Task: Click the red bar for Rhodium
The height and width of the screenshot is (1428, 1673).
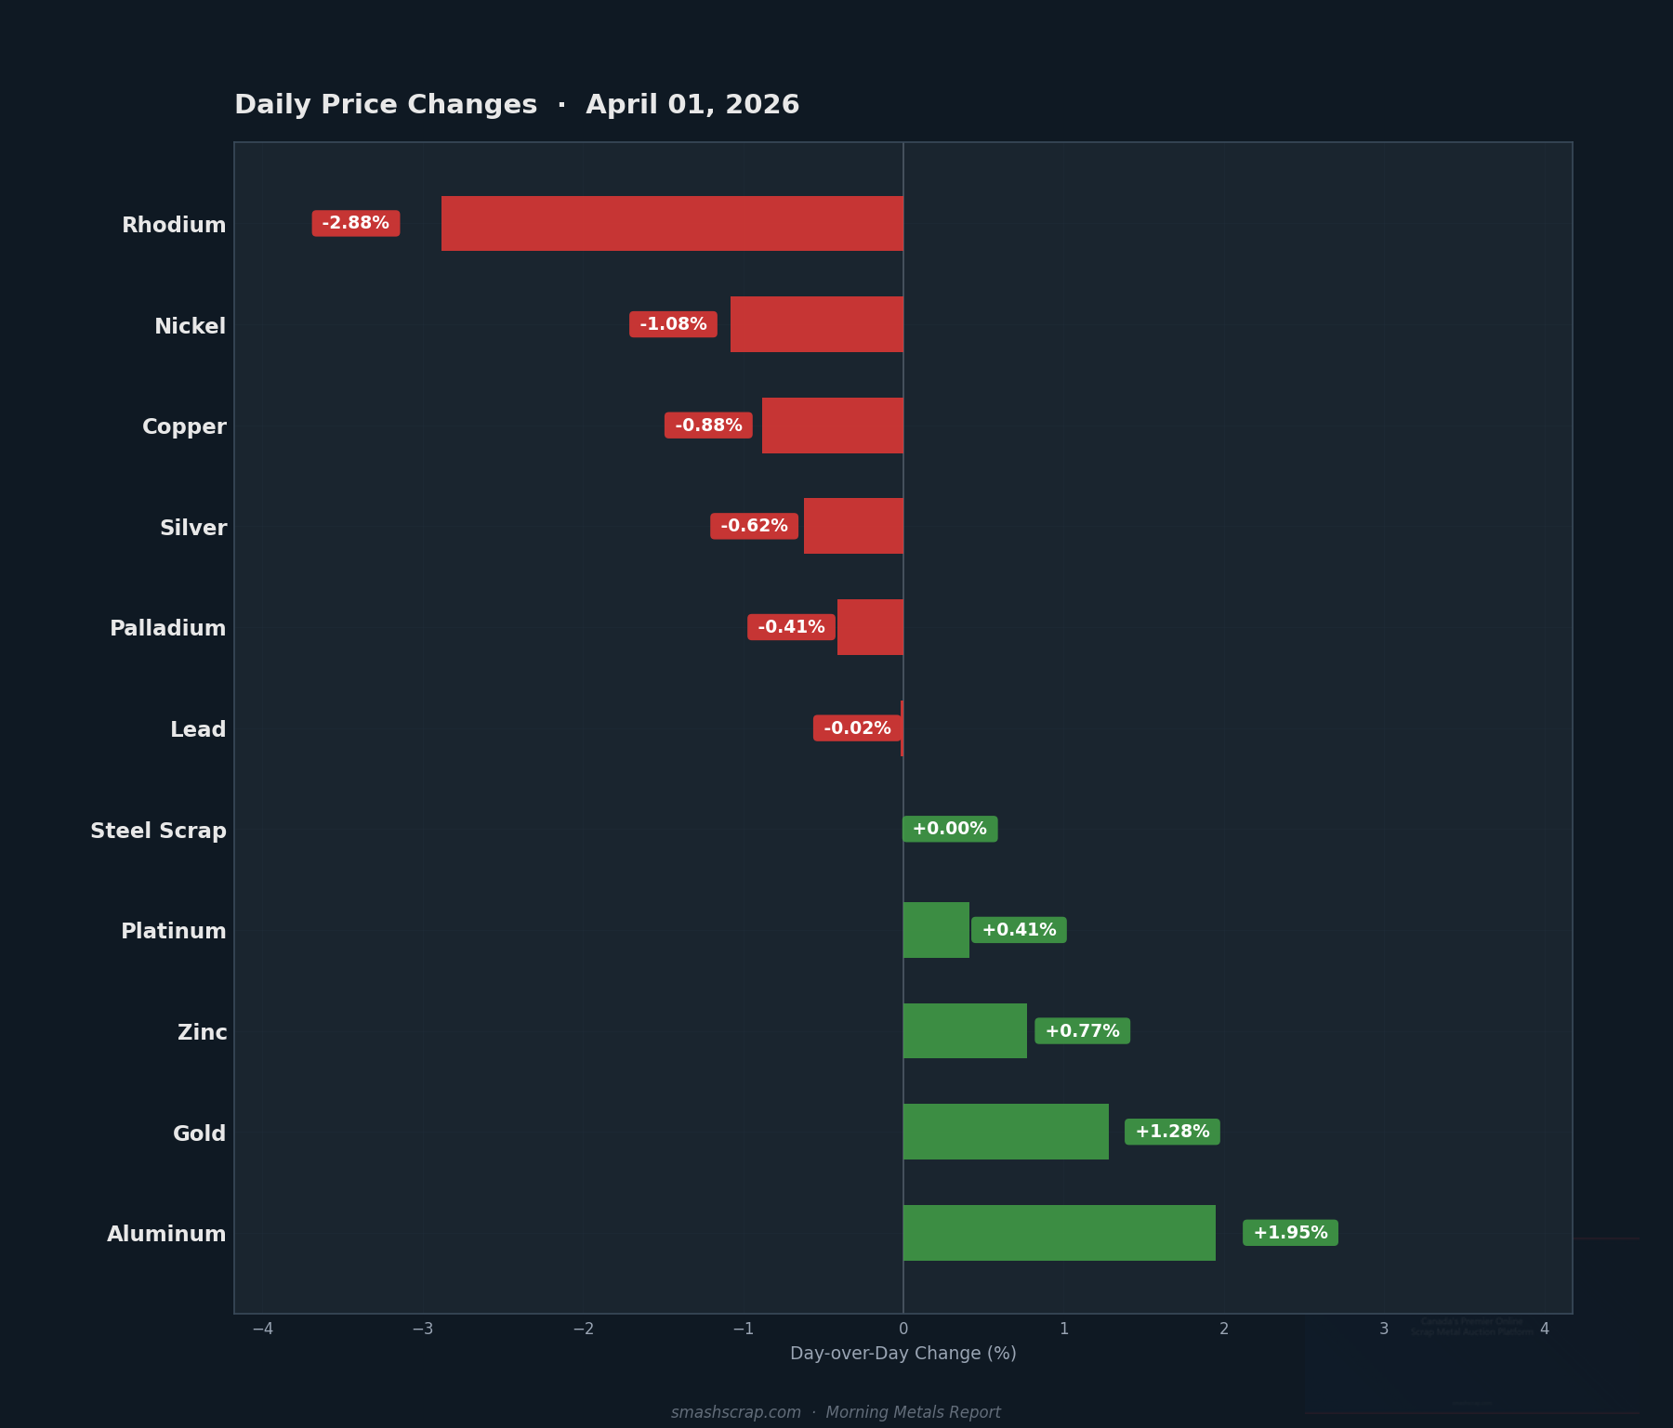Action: click(672, 223)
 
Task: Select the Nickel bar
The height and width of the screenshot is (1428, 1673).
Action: click(816, 324)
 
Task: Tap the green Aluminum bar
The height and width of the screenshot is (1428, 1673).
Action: click(1059, 1233)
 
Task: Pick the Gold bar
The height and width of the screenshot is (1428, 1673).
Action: click(1006, 1132)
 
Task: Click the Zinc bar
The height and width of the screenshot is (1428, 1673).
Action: click(965, 1031)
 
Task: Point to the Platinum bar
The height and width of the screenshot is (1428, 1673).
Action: click(936, 930)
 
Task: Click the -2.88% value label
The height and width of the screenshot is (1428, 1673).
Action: click(356, 223)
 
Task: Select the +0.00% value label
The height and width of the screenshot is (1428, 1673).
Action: click(949, 829)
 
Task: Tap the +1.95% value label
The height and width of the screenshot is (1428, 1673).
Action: click(1290, 1233)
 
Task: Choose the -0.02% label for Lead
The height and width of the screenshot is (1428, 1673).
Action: click(857, 728)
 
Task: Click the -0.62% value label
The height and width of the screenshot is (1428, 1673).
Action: click(754, 526)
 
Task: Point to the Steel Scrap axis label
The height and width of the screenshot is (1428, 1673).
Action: click(158, 831)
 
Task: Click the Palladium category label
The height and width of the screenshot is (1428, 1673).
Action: click(168, 628)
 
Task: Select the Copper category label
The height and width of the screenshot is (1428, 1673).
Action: click(184, 426)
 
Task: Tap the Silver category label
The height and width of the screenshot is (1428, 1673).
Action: click(193, 528)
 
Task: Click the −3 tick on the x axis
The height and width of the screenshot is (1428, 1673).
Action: click(423, 1329)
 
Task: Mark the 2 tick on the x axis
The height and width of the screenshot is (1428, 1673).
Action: click(1224, 1329)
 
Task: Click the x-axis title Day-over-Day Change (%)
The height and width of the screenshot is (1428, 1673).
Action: click(902, 1354)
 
